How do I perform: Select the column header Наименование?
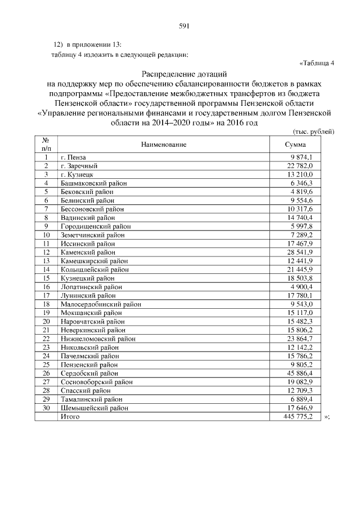tap(164, 145)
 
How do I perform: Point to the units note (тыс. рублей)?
tap(314, 131)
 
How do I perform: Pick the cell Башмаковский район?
tap(93, 183)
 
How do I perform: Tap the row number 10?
tap(47, 235)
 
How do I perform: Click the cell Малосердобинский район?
tap(100, 304)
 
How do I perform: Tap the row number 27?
tap(47, 382)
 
